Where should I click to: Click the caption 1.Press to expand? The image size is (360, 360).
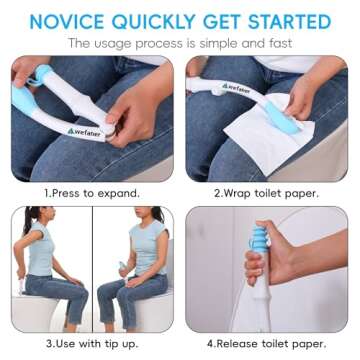(91, 192)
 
